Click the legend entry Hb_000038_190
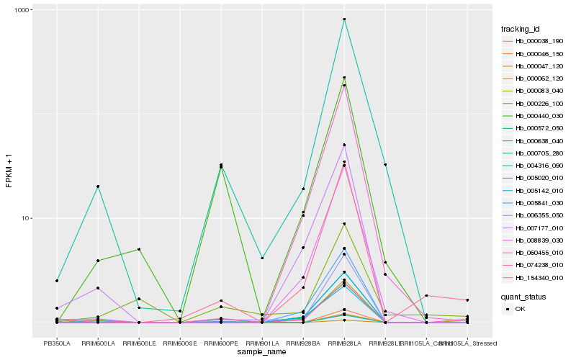[x=534, y=41]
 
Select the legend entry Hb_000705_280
[x=534, y=153]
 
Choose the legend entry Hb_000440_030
[x=534, y=116]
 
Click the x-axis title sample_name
[x=262, y=351]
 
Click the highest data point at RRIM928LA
[x=344, y=19]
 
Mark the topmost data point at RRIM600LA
[x=98, y=186]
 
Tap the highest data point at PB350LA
[x=57, y=280]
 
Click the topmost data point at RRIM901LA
[x=262, y=258]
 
